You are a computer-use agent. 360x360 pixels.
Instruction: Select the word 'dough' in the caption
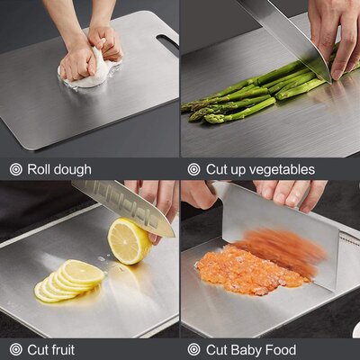(73, 169)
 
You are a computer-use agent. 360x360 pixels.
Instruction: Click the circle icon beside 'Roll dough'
(15, 169)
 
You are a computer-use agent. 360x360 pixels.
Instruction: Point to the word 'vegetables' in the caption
(284, 169)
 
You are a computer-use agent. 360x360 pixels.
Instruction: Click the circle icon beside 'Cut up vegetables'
(193, 169)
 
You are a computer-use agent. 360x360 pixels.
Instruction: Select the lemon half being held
(128, 241)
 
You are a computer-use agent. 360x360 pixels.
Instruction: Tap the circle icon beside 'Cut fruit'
(15, 349)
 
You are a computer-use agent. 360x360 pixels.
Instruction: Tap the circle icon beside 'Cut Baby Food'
(193, 349)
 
